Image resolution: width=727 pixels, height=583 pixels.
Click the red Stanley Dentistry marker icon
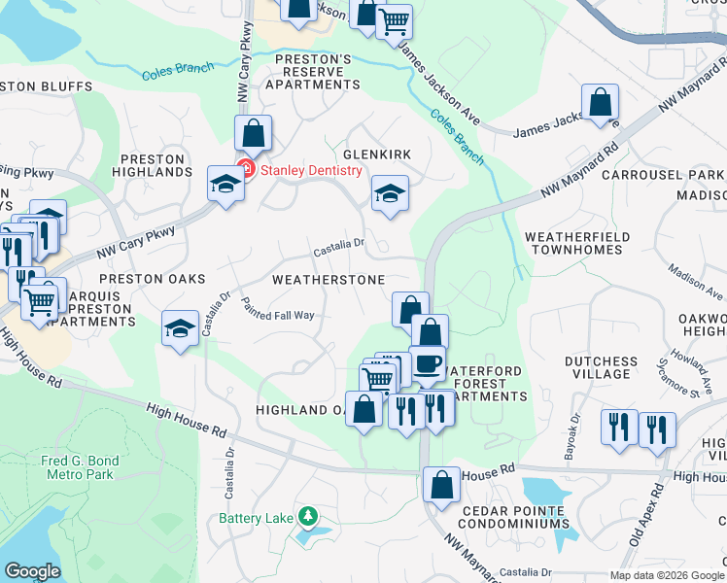pyautogui.click(x=246, y=170)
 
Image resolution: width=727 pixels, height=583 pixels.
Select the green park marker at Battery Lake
pyautogui.click(x=307, y=514)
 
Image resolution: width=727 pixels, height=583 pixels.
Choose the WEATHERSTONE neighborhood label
pyautogui.click(x=328, y=280)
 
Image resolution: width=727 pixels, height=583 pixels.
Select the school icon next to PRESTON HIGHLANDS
pyautogui.click(x=225, y=184)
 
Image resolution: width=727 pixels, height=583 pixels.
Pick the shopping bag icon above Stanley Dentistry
pyautogui.click(x=253, y=132)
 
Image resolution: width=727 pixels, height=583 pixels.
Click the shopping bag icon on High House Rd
pyautogui.click(x=441, y=484)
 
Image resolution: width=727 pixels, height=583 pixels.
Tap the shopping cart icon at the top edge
pyautogui.click(x=394, y=20)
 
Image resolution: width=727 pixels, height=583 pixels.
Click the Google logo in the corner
pyautogui.click(x=32, y=571)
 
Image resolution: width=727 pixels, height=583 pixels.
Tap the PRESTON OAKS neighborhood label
pyautogui.click(x=153, y=278)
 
